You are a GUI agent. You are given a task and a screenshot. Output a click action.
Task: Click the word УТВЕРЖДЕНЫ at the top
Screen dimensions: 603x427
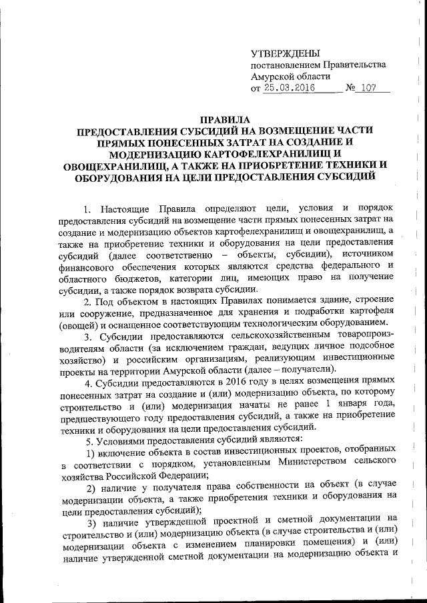285,53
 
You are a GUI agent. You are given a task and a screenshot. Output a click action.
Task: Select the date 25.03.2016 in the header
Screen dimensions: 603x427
288,88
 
